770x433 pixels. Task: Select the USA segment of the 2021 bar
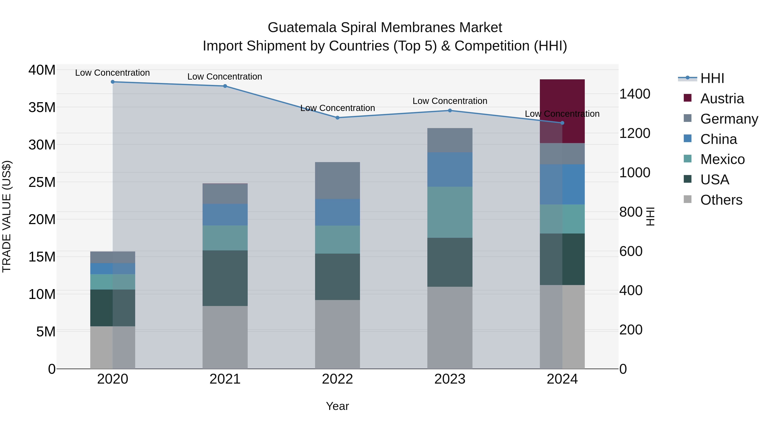[225, 278]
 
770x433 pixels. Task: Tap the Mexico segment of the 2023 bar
[450, 212]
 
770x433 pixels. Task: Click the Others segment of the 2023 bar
[450, 328]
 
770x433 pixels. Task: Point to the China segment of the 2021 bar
[225, 214]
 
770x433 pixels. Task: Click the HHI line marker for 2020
[113, 82]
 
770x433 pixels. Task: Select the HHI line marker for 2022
[338, 118]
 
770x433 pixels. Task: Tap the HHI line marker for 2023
[450, 111]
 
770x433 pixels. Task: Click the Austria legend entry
[722, 99]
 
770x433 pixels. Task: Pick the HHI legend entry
[712, 78]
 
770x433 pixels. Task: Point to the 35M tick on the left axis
[42, 107]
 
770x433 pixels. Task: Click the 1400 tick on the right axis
[635, 94]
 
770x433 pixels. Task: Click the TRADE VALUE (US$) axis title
[7, 216]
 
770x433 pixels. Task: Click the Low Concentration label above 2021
[225, 77]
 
